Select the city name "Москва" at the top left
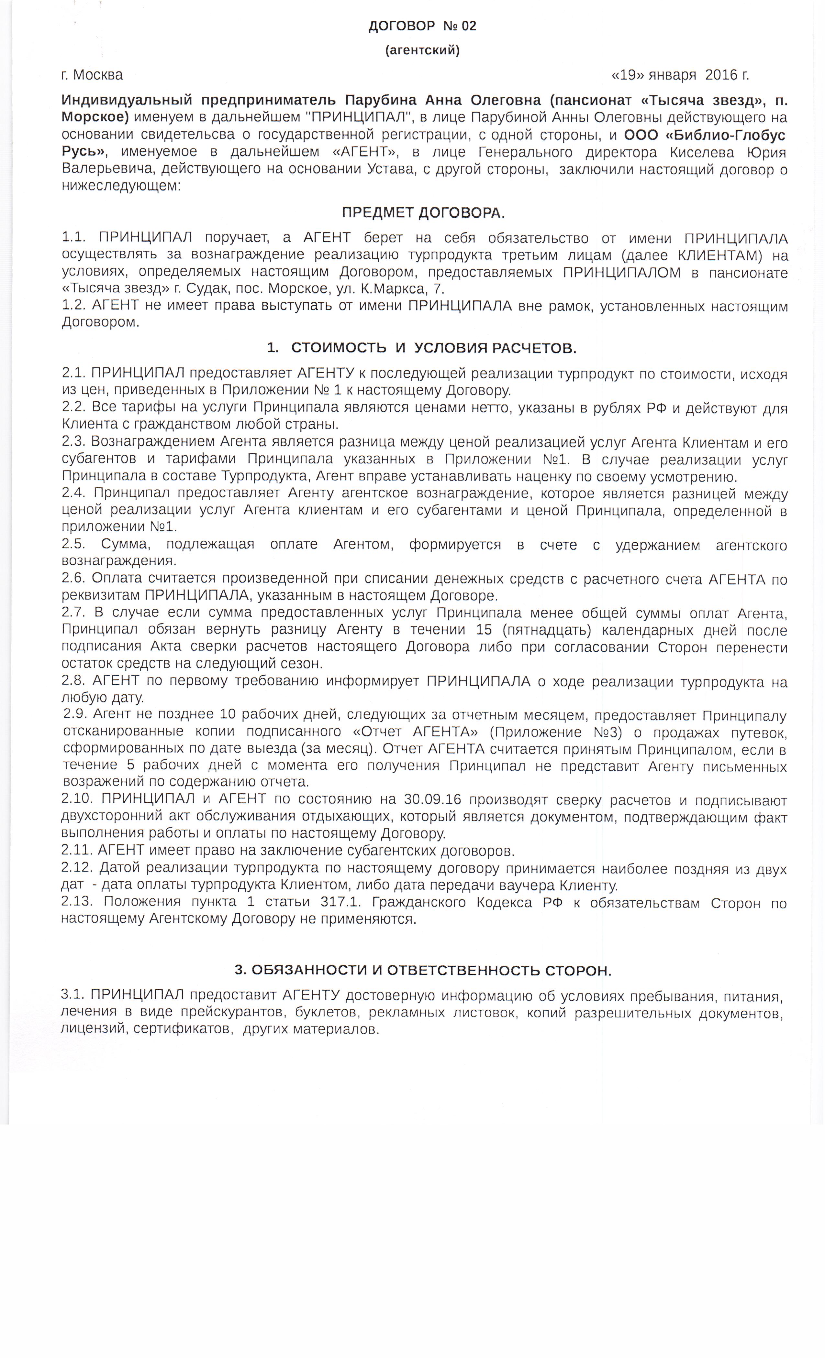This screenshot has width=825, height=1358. (x=98, y=75)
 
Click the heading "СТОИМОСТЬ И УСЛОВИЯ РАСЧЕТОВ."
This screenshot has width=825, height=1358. (x=433, y=348)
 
